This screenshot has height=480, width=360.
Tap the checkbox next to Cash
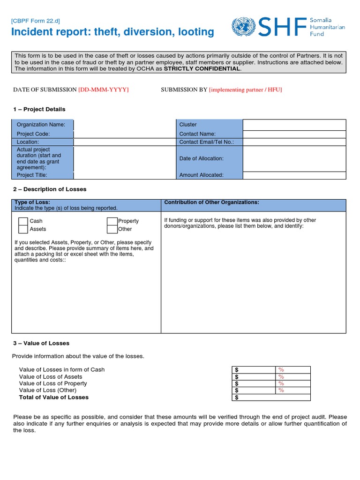23,221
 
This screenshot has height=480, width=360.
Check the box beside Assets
23,229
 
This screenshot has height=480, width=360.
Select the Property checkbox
112,221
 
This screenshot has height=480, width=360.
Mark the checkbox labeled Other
112,229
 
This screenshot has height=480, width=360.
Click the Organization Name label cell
43,125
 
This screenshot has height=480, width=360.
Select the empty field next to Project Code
124,134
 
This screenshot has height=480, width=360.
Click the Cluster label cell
209,125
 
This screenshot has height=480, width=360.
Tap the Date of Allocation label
202,158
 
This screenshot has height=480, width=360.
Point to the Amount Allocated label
202,175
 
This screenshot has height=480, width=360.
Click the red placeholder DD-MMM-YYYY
104,90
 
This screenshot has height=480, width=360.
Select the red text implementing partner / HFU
245,90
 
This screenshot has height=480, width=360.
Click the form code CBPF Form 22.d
36,21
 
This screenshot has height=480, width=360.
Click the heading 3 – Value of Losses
41,343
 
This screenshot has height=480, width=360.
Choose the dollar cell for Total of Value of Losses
271,397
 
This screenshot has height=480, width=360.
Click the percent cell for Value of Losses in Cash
292,370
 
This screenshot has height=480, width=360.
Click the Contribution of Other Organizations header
211,202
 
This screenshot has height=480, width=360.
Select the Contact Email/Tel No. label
206,142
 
